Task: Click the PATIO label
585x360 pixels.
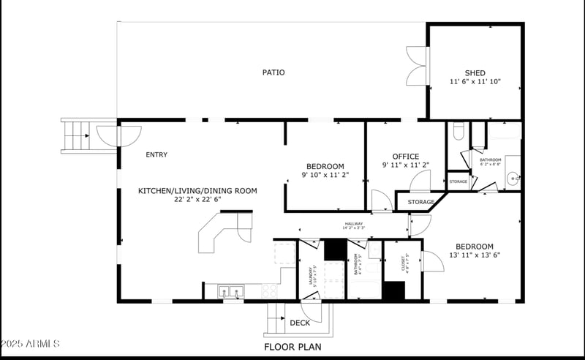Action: coord(273,72)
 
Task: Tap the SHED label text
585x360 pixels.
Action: coord(475,72)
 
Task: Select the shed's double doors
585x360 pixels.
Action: coord(416,67)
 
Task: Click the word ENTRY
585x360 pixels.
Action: coord(156,154)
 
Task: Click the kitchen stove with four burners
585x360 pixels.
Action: coord(270,291)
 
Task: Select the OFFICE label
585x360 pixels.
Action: coord(405,156)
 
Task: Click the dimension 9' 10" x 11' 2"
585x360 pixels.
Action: coord(325,176)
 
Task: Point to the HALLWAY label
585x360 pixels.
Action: coord(353,224)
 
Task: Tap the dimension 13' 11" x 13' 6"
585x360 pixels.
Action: coord(474,255)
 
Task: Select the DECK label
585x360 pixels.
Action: coord(300,323)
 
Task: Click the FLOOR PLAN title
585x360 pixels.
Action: coord(292,347)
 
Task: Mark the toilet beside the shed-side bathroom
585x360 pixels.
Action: coord(458,132)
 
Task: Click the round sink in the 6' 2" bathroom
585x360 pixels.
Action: coord(514,176)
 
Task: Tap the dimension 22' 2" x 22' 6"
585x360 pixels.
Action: coord(197,199)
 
